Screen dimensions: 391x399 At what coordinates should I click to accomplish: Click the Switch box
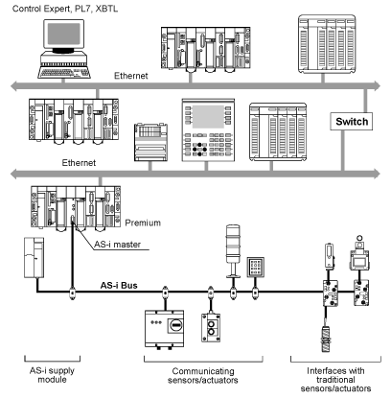(352, 121)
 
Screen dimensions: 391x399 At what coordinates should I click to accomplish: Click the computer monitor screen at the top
(64, 34)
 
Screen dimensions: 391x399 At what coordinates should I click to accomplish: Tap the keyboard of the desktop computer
(64, 72)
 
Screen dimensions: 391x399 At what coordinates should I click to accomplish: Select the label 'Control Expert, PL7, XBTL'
(65, 9)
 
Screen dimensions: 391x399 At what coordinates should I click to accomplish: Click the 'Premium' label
(143, 223)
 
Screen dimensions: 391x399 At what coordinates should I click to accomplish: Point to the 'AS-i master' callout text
(117, 245)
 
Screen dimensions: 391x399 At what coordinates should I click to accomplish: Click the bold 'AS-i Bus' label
(119, 285)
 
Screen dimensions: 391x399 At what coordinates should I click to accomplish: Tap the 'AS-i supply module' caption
(52, 375)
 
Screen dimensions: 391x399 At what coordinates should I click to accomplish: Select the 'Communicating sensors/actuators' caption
(203, 376)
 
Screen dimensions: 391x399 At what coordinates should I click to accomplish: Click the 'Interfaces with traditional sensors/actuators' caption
(335, 380)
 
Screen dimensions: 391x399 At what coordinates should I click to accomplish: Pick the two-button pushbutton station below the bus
(211, 328)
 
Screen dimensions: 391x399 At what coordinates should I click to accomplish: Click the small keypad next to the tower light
(255, 267)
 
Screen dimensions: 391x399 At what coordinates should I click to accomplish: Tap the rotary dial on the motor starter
(175, 326)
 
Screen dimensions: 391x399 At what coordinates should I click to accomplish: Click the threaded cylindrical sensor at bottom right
(326, 339)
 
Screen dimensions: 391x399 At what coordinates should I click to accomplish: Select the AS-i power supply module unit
(34, 258)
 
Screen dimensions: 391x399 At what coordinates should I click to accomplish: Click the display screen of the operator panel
(208, 117)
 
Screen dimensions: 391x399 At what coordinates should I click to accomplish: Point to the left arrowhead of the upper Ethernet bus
(13, 85)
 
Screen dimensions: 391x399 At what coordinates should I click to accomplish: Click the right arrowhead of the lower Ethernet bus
(377, 174)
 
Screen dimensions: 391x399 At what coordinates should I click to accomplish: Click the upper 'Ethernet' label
(131, 76)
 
